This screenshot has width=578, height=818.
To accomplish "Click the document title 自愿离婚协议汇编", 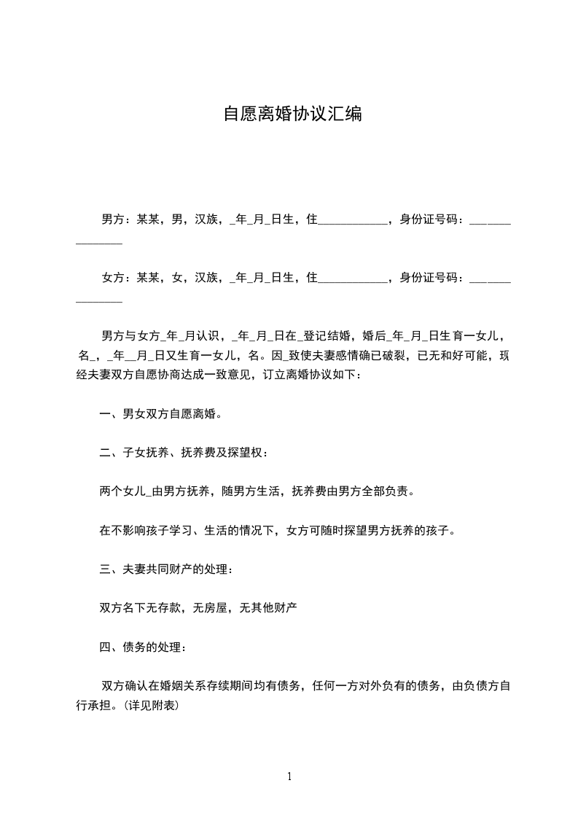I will point(292,115).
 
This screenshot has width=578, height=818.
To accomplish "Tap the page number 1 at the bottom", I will point(289,777).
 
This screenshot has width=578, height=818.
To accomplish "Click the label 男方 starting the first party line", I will point(111,219).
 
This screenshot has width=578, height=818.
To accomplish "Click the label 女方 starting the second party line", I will point(111,278).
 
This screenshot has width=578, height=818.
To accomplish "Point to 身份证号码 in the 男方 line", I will point(429,219).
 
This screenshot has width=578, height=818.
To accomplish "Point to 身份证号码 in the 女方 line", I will point(429,278).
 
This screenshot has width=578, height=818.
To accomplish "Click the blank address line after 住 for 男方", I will point(353,220).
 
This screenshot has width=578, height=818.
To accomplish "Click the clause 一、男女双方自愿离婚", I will point(160,415).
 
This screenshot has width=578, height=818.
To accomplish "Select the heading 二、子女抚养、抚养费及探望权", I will point(183,453).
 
